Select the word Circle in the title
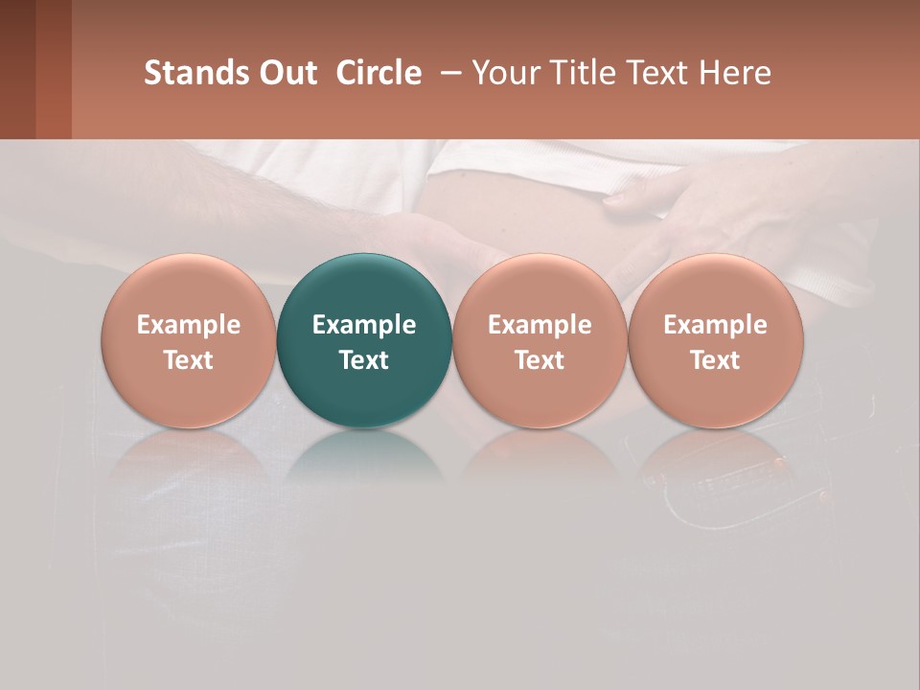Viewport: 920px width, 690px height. pos(379,73)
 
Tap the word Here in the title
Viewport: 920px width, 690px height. pos(735,73)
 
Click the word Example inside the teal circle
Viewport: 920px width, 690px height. pos(364,325)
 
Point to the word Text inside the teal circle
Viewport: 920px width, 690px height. pos(364,360)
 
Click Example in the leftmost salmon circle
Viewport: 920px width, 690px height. pos(189,325)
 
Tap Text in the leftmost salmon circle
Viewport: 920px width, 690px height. pos(189,360)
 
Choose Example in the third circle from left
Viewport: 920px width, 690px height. pos(540,325)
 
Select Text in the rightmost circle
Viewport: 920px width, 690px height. pos(716,360)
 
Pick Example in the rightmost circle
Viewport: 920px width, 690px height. pos(716,325)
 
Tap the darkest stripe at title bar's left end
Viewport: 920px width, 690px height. pos(17,69)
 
